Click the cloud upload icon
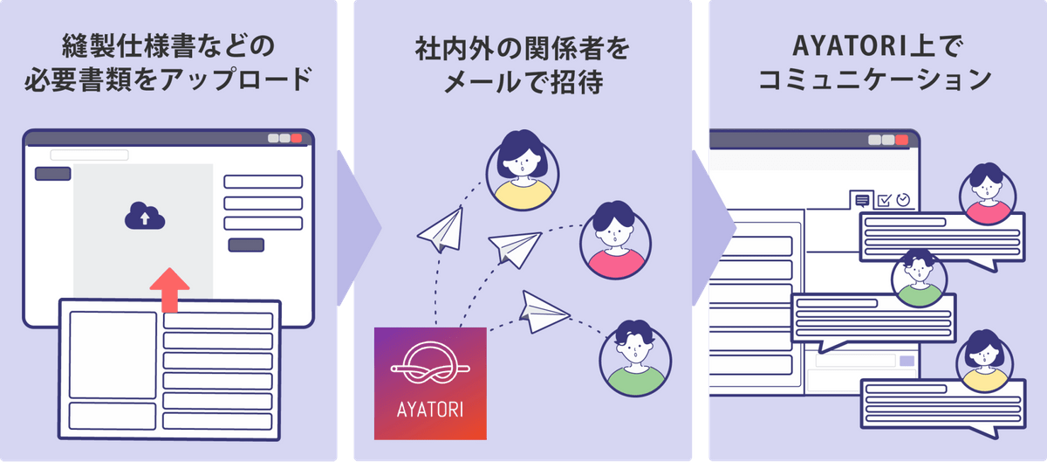(x=144, y=215)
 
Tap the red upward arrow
(x=169, y=288)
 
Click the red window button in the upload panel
(x=298, y=139)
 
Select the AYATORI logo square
(x=430, y=383)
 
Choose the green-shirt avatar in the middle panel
(x=636, y=357)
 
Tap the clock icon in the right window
(x=903, y=199)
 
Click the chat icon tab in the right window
(x=863, y=200)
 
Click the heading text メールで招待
(x=523, y=84)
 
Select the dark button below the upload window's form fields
(x=246, y=245)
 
